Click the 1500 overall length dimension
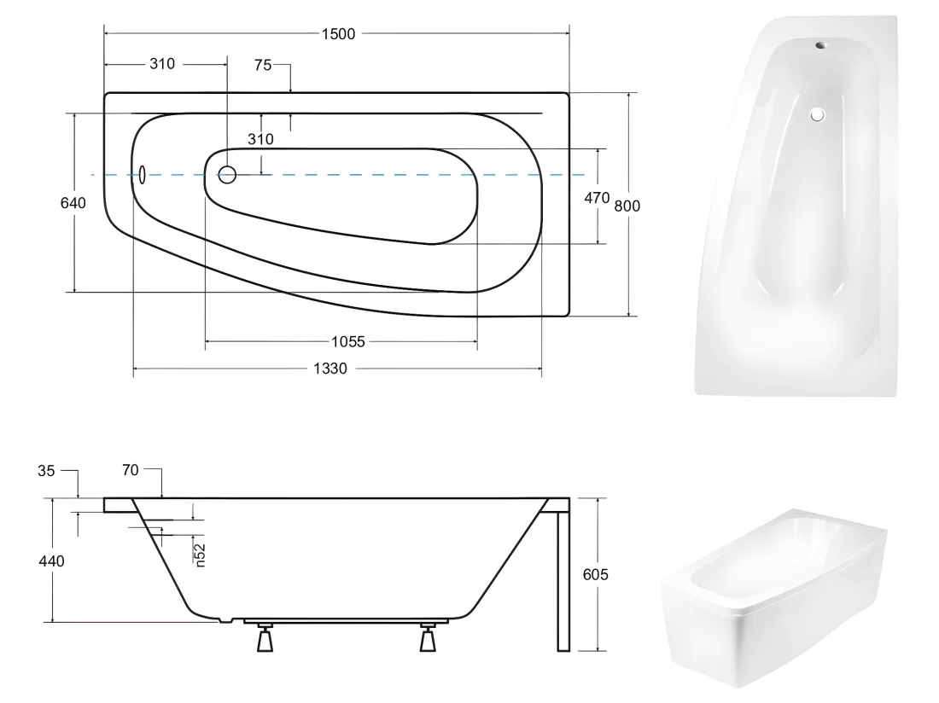pos(338,34)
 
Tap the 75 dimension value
pos(262,65)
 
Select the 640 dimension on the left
pos(73,203)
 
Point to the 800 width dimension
pos(627,206)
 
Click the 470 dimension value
pos(597,198)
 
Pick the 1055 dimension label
pos(348,341)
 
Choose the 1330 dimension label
pos(330,369)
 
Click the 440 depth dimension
pos(51,561)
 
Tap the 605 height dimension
pos(595,575)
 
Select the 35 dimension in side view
pos(46,471)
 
